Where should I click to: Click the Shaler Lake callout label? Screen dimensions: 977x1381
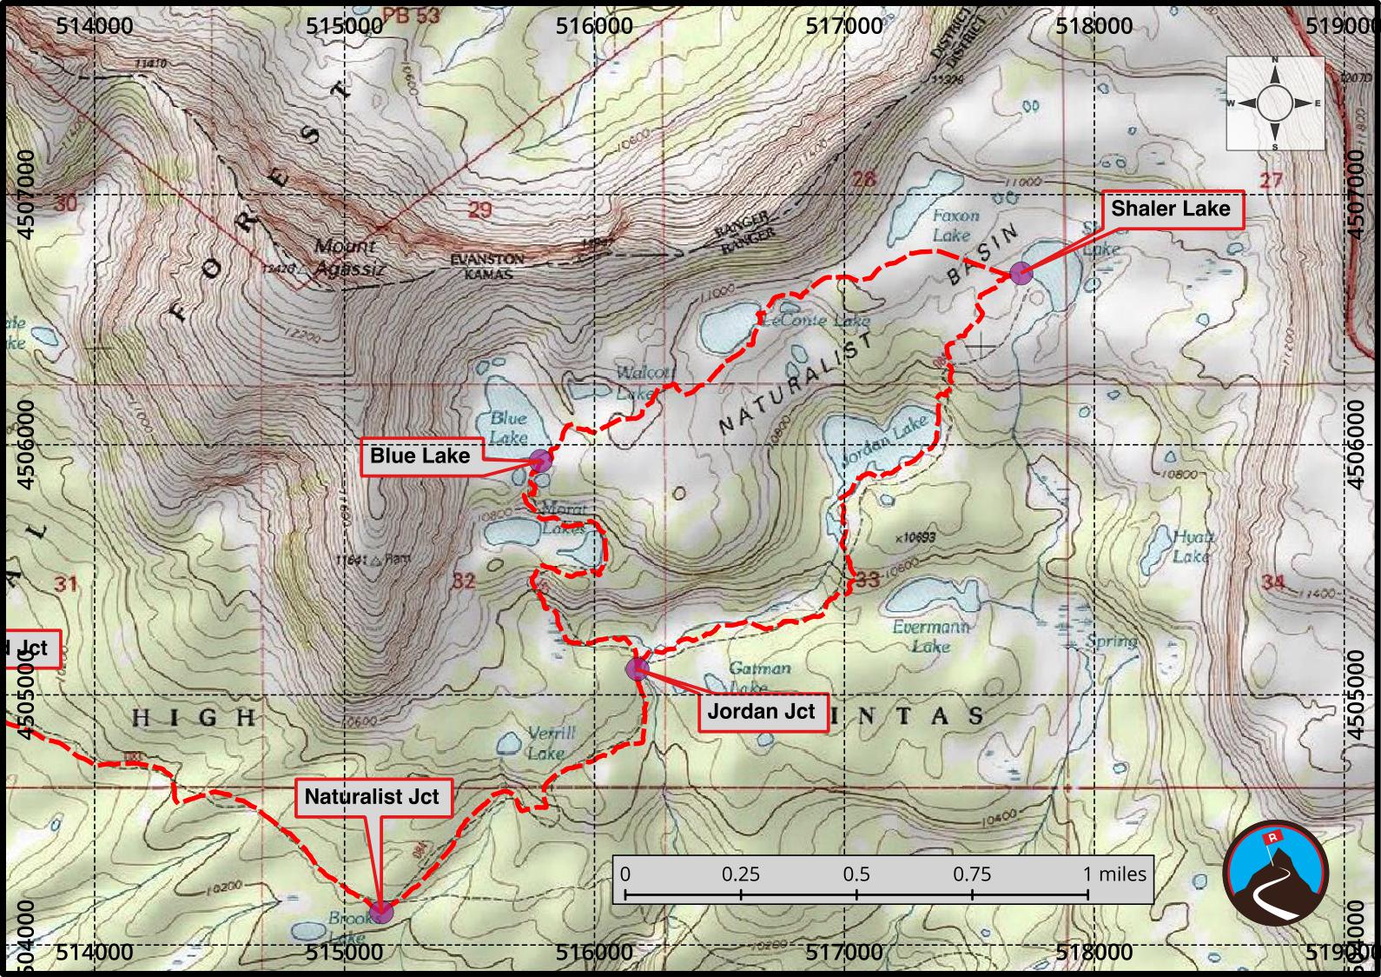click(1170, 209)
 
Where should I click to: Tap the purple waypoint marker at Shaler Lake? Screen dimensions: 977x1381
click(1021, 275)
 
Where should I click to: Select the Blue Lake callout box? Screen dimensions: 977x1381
click(420, 456)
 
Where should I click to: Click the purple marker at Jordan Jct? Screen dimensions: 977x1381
click(637, 668)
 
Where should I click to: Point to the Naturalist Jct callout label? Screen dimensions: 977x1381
click(372, 797)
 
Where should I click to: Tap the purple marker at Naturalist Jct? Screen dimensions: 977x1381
click(381, 912)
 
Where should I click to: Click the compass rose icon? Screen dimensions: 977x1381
click(1274, 103)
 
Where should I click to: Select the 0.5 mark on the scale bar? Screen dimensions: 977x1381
click(856, 874)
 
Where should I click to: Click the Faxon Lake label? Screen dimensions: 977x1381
click(954, 224)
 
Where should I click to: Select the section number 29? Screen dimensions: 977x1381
click(479, 209)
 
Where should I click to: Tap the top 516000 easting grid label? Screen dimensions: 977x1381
click(594, 26)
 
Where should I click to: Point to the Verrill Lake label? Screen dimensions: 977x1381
click(550, 743)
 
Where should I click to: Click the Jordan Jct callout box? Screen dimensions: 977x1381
click(761, 712)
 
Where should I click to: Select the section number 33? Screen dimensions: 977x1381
click(868, 579)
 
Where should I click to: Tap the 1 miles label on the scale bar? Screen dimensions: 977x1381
click(1114, 874)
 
